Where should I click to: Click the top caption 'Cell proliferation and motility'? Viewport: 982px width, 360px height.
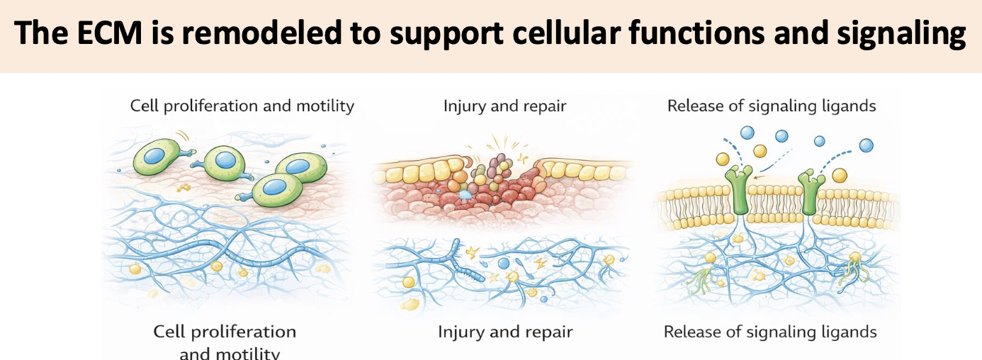click(242, 106)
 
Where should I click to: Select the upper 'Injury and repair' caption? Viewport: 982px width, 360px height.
click(504, 106)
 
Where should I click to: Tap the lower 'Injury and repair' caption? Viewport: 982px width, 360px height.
click(504, 332)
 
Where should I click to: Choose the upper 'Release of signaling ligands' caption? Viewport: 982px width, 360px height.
click(772, 106)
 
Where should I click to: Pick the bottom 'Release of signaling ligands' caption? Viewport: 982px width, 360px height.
click(770, 332)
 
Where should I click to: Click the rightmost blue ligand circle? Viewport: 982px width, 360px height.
click(866, 145)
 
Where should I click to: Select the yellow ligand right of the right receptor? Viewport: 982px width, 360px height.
click(840, 174)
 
